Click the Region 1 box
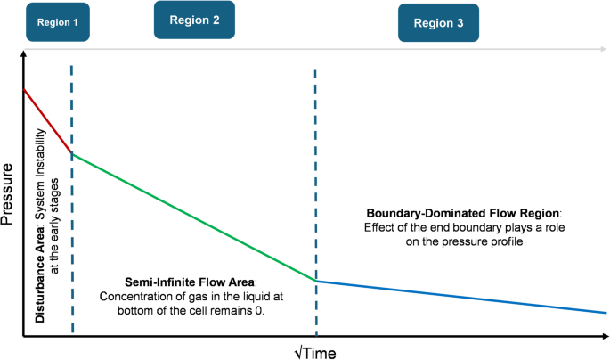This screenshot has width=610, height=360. tap(58, 25)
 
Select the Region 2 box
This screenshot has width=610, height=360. tap(193, 20)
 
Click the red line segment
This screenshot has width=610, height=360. tap(46, 120)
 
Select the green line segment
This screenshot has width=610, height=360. tap(191, 217)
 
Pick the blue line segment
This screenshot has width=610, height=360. tap(463, 297)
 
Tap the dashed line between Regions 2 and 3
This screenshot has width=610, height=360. tap(316, 178)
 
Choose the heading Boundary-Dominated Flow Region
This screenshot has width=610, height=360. tap(462, 213)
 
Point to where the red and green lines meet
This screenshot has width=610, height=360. tap(72, 154)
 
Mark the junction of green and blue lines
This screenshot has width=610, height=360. tap(316, 281)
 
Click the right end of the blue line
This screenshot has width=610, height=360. tap(606, 313)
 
